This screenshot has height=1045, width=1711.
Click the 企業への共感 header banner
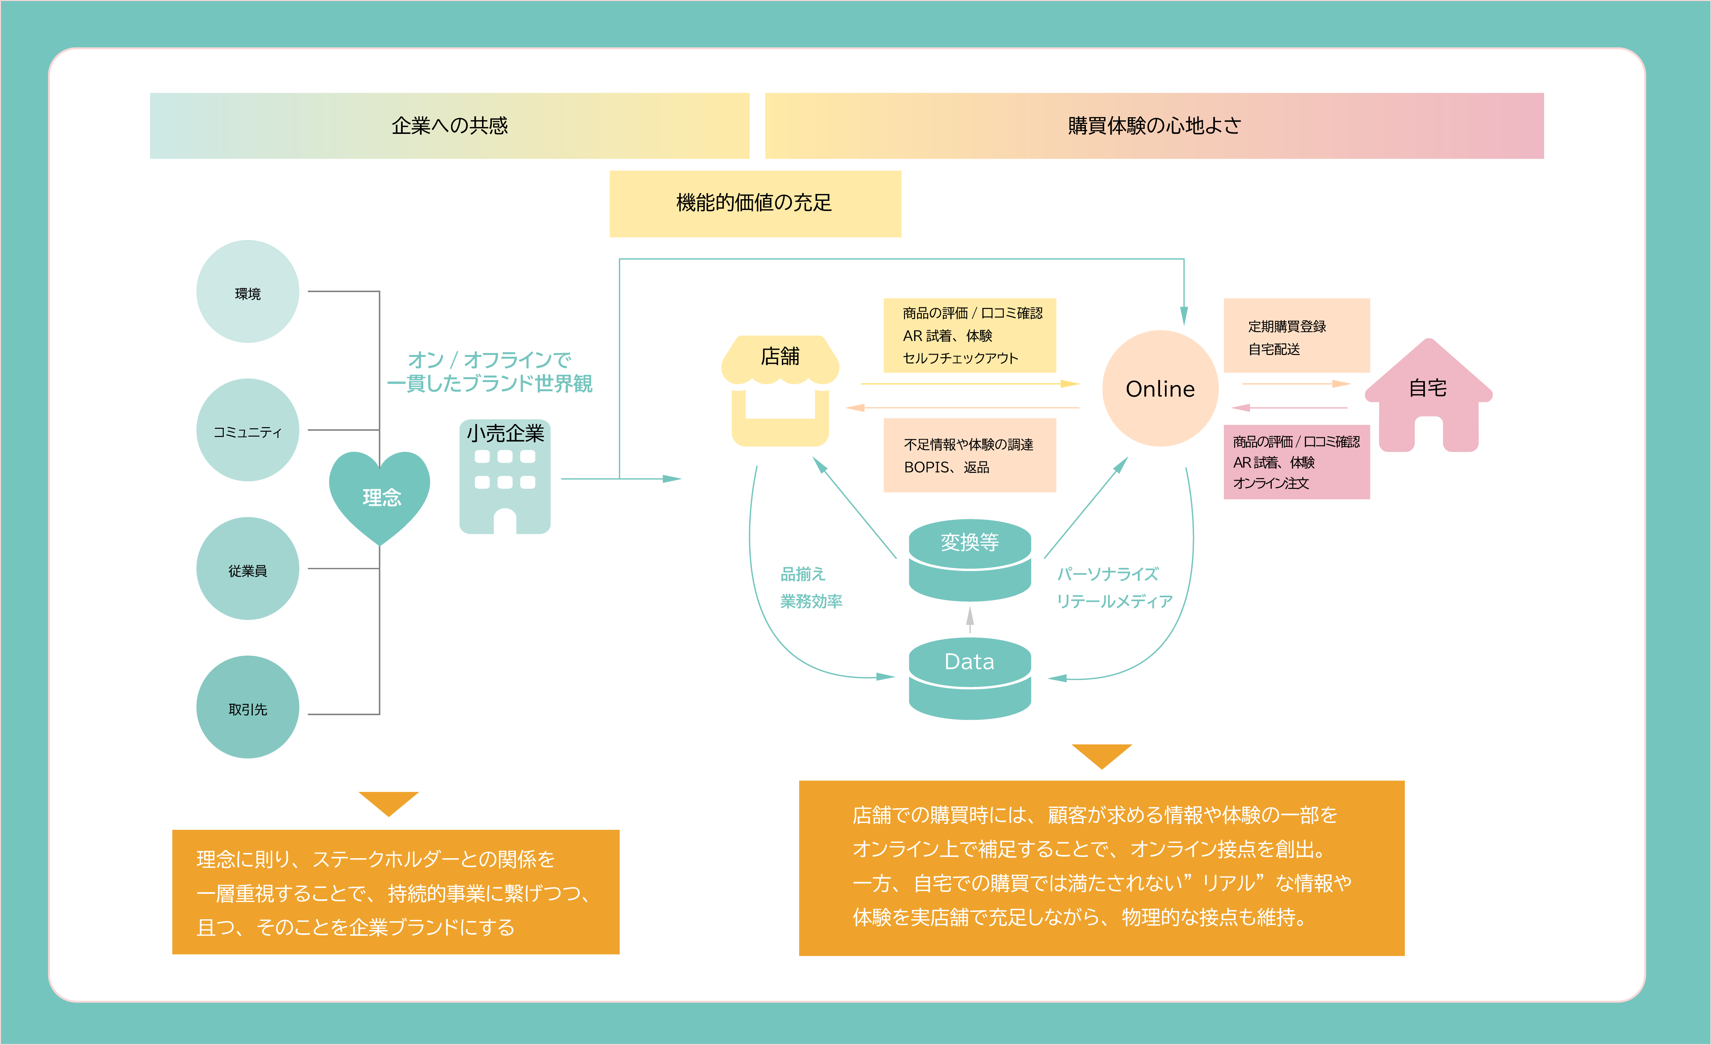coord(449,126)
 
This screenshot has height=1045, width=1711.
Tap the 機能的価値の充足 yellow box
coord(755,203)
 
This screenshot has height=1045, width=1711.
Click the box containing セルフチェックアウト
coord(969,335)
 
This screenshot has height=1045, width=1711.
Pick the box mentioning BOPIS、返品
coord(969,456)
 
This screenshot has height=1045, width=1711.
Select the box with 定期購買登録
coord(1296,336)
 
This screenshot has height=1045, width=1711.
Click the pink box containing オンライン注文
coord(1296,462)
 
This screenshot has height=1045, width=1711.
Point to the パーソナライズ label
coord(1107,574)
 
